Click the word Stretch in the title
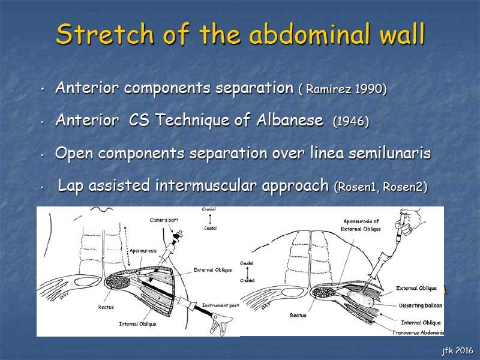(104, 34)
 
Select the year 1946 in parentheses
(351, 122)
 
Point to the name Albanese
(290, 119)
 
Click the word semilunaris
(389, 152)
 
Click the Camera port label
(164, 220)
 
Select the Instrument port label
(220, 305)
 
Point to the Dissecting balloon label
(421, 305)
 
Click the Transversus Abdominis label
(418, 332)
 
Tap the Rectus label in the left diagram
(106, 307)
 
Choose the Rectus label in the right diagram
(298, 315)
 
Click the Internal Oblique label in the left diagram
(137, 324)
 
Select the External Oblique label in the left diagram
(213, 270)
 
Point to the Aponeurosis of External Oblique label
(361, 225)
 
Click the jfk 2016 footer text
(457, 350)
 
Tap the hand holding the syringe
(412, 220)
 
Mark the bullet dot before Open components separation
(42, 155)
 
